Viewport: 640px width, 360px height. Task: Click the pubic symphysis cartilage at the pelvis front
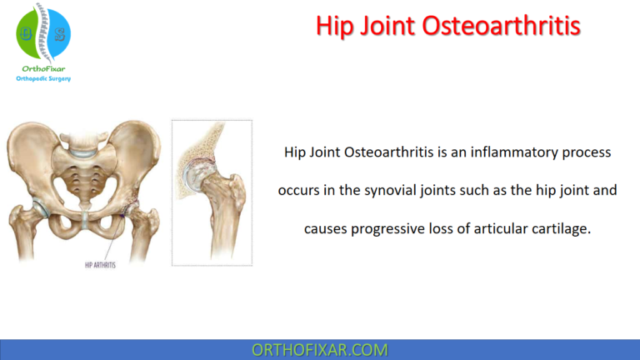85,219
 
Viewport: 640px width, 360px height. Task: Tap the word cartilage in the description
562,227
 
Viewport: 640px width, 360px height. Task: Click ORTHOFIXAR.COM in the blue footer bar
320,349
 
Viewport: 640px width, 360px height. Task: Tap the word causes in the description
324,227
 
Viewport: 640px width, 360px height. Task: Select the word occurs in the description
297,190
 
